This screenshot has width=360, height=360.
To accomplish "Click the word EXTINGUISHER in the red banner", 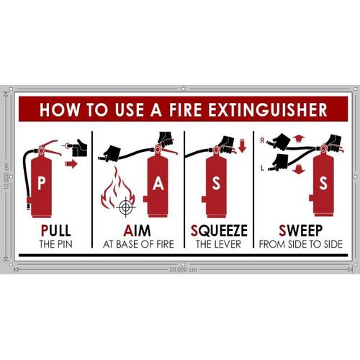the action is pos(268,109).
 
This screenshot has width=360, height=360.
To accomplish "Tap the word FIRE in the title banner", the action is pos(186,109).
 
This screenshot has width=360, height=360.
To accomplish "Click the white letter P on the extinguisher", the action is pos(41,184).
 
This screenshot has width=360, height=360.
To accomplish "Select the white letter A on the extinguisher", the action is pos(158,184).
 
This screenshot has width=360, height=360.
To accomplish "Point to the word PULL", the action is pos(56,230).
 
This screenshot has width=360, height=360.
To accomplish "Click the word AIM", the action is pos(137,230).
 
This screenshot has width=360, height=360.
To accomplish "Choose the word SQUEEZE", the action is pos(219,230).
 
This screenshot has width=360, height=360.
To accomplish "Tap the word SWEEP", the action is pos(300,230).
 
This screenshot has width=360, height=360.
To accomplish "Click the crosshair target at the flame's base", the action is pos(125,207).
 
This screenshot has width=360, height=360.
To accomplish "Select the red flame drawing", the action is pos(117,189).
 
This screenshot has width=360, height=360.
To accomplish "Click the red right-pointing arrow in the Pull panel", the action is pos(71,164).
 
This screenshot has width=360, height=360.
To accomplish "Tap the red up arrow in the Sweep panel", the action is pos(299,139).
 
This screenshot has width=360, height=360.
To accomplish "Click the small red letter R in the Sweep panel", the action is pos(262,140).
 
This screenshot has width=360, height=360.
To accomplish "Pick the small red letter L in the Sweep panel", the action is pos(262,168).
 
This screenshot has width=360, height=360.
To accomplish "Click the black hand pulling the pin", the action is pos(77,148).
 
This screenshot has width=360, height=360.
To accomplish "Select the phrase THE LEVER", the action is pos(218,244).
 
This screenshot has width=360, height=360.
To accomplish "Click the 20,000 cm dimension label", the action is pos(183,269).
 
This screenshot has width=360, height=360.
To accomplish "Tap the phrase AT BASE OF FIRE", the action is pos(138,244).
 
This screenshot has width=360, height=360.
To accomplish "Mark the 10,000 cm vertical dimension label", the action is pos(6,176).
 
